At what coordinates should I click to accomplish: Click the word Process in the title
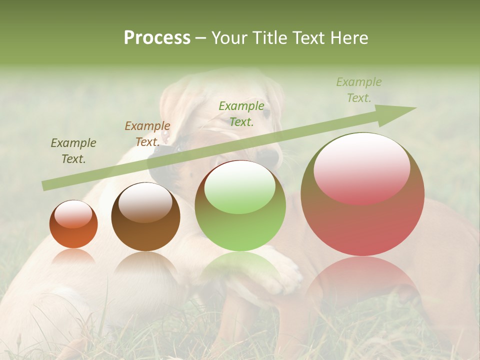(x=157, y=38)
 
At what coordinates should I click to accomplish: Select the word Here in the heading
(x=349, y=38)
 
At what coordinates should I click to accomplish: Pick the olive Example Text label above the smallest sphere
(x=73, y=150)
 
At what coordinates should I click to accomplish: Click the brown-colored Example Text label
(x=147, y=133)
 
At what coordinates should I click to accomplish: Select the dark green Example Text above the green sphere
(x=241, y=113)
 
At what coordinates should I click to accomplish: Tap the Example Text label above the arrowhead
(x=359, y=90)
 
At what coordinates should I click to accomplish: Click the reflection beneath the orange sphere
(x=73, y=257)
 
